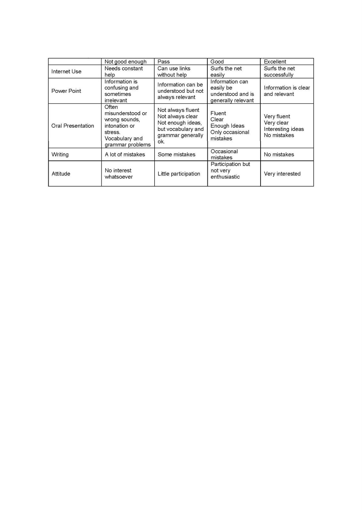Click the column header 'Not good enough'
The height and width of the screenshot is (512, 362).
[x=125, y=62]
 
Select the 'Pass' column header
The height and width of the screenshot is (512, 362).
[x=164, y=62]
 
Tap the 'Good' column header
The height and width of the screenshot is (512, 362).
[x=217, y=62]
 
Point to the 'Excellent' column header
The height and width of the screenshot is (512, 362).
[x=275, y=62]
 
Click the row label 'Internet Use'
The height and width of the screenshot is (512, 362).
[x=66, y=72]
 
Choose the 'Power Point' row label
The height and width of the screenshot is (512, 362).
[x=66, y=91]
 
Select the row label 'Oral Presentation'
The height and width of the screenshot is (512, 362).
[x=73, y=126]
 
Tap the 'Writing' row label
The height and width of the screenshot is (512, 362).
[x=60, y=155]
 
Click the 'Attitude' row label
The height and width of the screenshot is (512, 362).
[x=61, y=174]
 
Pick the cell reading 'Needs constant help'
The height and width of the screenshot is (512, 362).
[x=124, y=72]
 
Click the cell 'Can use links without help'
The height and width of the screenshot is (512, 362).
[x=174, y=72]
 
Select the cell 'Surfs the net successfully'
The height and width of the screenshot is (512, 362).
[x=279, y=72]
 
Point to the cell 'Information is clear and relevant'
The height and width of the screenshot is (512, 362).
[x=287, y=91]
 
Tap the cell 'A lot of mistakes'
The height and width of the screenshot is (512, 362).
[x=125, y=155]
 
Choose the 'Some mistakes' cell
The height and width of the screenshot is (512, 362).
[x=176, y=155]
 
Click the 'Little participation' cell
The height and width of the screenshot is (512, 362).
[x=179, y=174]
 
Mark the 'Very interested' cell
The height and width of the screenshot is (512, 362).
[x=282, y=174]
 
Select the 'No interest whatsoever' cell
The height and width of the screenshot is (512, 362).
[x=118, y=174]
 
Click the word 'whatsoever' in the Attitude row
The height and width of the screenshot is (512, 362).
[x=118, y=177]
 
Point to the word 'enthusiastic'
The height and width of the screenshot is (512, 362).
[x=225, y=177]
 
